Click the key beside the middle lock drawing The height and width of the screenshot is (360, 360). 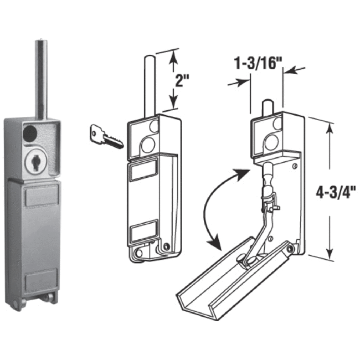coord(105,136)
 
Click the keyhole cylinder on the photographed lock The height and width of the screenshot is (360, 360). coord(34,161)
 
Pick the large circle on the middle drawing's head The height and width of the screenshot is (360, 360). coord(147,145)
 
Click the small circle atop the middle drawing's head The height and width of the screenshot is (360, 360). coord(154,127)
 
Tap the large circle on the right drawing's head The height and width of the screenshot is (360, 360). coord(271,142)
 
